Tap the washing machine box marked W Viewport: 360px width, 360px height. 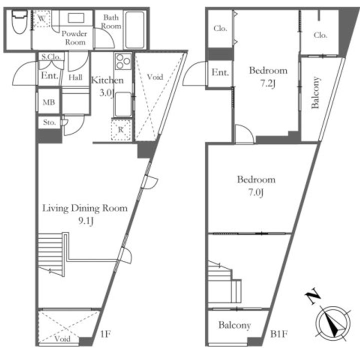[41, 18]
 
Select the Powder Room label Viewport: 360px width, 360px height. [74, 38]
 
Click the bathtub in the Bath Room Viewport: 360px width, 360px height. [135, 29]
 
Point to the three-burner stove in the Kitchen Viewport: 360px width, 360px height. [123, 61]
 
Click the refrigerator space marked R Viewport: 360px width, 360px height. [121, 129]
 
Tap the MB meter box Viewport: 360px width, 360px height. [48, 102]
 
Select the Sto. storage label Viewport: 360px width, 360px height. [49, 122]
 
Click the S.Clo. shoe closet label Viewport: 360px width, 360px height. [51, 56]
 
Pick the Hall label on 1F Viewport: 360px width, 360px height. [75, 77]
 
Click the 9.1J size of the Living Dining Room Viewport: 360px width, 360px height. [86, 221]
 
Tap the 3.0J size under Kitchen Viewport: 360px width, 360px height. [107, 93]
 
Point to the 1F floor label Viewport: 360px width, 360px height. [105, 334]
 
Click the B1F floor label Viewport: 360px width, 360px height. [279, 334]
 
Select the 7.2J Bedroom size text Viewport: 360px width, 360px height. [267, 83]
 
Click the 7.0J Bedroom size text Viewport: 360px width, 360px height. [256, 192]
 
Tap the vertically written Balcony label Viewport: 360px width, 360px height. [315, 92]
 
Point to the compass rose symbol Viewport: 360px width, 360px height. [333, 323]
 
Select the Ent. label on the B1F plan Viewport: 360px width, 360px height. [220, 72]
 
